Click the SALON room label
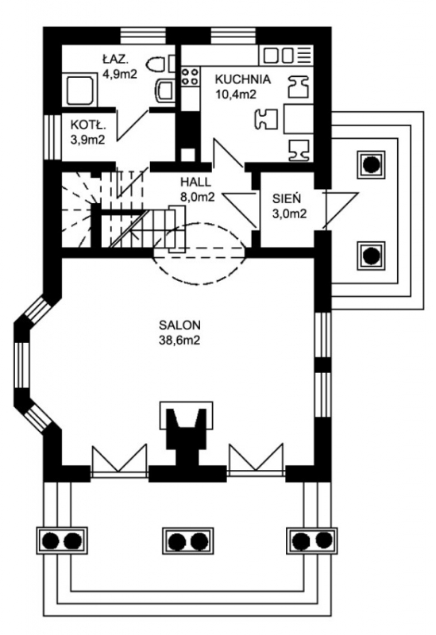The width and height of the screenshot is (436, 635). click(x=179, y=325)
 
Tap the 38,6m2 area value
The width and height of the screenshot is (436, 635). click(x=179, y=341)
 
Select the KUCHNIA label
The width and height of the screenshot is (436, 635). click(x=242, y=79)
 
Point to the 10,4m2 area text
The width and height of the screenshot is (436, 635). click(x=236, y=94)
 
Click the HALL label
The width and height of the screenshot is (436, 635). click(x=195, y=181)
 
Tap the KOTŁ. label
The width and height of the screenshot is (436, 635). click(x=88, y=125)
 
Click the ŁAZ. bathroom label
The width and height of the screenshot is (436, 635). click(x=115, y=60)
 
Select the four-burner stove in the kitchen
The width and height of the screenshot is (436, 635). click(x=190, y=75)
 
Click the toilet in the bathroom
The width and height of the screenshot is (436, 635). click(x=156, y=64)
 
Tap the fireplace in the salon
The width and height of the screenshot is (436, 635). click(x=187, y=429)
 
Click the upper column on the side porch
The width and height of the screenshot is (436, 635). click(x=371, y=164)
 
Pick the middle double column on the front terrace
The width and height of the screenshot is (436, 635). click(x=187, y=541)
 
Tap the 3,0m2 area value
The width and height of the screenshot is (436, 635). click(x=289, y=214)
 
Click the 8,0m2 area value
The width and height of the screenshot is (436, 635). click(x=197, y=197)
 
